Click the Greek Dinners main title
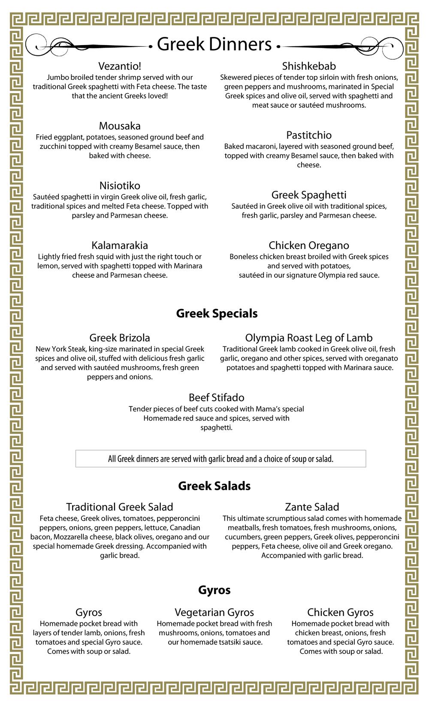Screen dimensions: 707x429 pyautogui.click(x=214, y=44)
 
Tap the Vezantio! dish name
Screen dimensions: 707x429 pyautogui.click(x=120, y=66)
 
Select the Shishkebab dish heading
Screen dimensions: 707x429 pyautogui.click(x=309, y=66)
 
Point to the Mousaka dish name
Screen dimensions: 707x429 pyautogui.click(x=120, y=126)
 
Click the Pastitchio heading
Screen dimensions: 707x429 pyautogui.click(x=309, y=135)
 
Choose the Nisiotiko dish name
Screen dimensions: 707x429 pyautogui.click(x=120, y=185)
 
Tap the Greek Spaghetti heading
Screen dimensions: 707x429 pyautogui.click(x=309, y=195)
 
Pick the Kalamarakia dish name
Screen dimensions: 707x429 pyautogui.click(x=120, y=245)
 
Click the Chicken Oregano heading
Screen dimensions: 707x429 pyautogui.click(x=309, y=245)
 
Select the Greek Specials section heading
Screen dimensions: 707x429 pyautogui.click(x=217, y=313)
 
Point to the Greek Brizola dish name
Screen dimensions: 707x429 pyautogui.click(x=120, y=338)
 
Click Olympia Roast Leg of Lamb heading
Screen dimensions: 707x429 pyautogui.click(x=309, y=338)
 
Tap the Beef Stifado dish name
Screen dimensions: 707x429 pyautogui.click(x=217, y=397)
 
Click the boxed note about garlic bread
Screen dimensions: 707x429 pyautogui.click(x=221, y=458)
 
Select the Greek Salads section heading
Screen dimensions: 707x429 pyautogui.click(x=214, y=486)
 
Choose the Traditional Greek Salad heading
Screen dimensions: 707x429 pyautogui.click(x=120, y=507)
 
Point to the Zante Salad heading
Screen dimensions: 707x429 pyautogui.click(x=312, y=507)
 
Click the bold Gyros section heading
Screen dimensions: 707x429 pyautogui.click(x=214, y=590)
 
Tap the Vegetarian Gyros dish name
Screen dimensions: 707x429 pyautogui.click(x=214, y=613)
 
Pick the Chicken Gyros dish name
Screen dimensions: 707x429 pyautogui.click(x=340, y=613)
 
